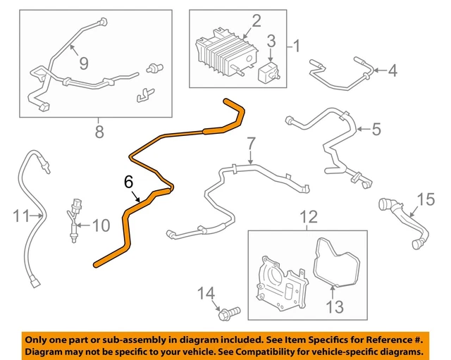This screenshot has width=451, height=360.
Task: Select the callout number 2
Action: point(256,21)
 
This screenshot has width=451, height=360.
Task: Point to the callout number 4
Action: point(392,70)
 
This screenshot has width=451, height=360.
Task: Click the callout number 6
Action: point(128,182)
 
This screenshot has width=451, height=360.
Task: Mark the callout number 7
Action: point(250,145)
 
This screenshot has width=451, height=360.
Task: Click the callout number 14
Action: point(205,292)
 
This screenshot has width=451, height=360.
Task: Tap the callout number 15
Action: point(425,200)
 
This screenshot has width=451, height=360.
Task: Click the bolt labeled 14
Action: point(229,310)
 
